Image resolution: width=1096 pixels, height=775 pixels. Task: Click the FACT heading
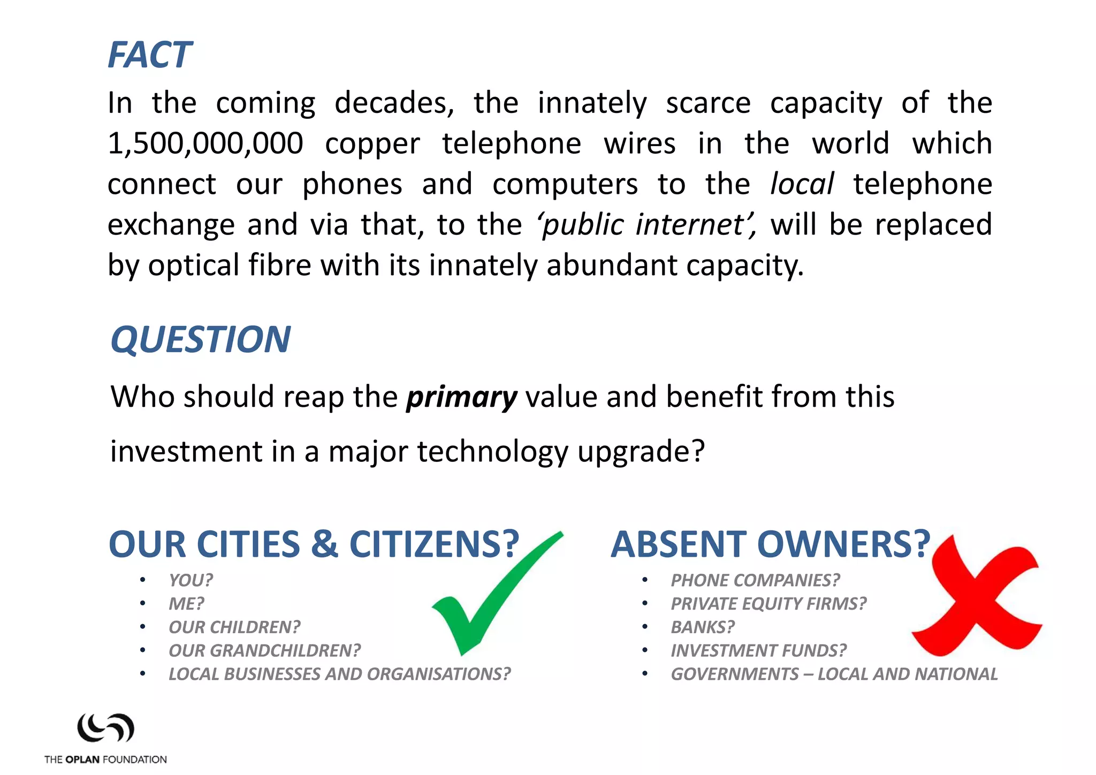click(149, 55)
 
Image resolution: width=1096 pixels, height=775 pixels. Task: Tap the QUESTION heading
click(200, 339)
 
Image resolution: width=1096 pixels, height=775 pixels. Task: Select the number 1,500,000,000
click(205, 143)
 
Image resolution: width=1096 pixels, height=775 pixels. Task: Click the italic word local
click(801, 184)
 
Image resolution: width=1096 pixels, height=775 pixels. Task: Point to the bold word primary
click(461, 397)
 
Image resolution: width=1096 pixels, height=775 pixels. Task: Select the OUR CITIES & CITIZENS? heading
click(314, 544)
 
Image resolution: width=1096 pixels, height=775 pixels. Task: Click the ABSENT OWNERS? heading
click(771, 544)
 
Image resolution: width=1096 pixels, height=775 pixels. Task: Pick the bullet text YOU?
click(191, 580)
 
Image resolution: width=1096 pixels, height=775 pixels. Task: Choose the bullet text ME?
click(186, 604)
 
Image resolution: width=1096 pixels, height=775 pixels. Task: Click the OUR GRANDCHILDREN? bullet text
click(264, 651)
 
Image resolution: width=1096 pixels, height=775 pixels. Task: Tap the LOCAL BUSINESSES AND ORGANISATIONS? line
click(339, 674)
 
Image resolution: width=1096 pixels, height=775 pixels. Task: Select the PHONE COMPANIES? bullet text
click(755, 580)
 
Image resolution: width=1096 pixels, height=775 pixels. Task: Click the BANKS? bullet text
click(703, 627)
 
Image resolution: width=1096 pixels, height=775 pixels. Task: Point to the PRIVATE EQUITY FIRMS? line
click(768, 604)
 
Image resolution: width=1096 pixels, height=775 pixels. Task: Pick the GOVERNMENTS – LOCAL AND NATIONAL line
click(834, 674)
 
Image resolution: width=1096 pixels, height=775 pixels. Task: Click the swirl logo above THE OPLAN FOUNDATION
click(105, 728)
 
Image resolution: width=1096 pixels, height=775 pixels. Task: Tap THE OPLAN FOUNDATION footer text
click(105, 759)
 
